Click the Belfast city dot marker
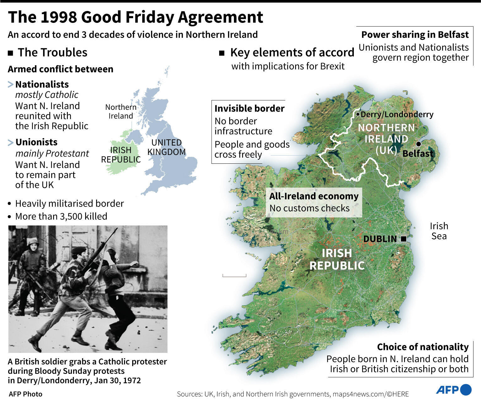(x=418, y=144)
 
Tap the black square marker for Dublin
(x=404, y=239)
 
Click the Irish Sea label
(x=439, y=231)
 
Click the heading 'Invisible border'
(x=249, y=109)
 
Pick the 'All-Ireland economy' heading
(x=314, y=196)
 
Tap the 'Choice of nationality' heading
(x=423, y=347)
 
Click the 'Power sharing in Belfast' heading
(x=415, y=35)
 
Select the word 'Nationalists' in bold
(x=42, y=84)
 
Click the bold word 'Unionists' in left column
(x=36, y=142)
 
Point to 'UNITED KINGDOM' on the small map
(x=166, y=147)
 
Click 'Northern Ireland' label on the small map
(x=121, y=112)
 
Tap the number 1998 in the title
(x=59, y=17)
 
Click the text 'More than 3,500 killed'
(x=61, y=216)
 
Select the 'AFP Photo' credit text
(x=25, y=394)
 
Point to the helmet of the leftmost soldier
(x=33, y=242)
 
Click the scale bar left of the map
(x=234, y=276)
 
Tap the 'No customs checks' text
(x=309, y=208)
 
